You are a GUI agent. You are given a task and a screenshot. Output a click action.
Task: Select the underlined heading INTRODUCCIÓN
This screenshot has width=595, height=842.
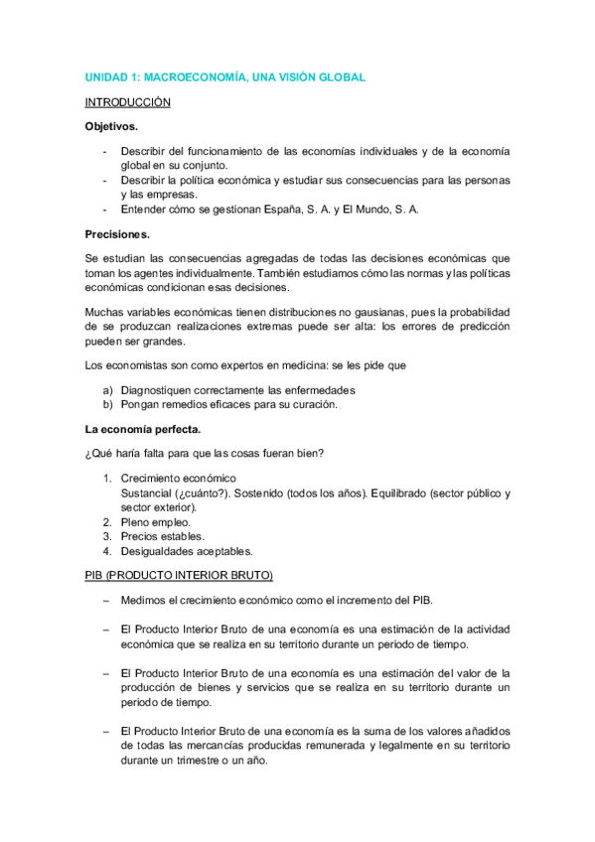(127, 102)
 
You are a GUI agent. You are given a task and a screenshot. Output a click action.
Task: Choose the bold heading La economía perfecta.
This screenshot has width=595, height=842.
(143, 429)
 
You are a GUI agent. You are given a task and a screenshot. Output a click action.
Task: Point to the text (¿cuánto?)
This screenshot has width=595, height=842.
(204, 493)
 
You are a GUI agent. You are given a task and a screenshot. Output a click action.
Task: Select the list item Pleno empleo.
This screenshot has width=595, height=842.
(156, 521)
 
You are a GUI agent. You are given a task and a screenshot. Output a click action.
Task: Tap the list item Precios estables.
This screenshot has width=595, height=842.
(162, 536)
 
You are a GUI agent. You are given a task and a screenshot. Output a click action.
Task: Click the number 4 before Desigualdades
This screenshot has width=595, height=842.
(107, 551)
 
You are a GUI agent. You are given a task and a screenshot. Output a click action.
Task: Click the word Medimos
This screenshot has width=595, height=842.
(143, 600)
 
